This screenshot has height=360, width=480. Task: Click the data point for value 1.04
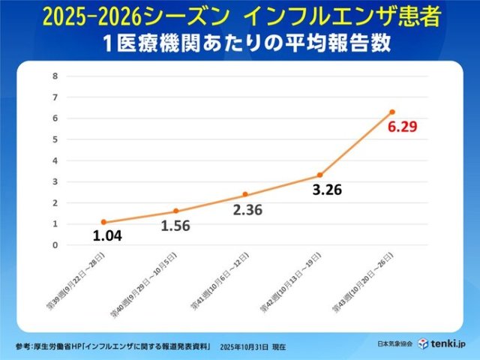(x=103, y=222)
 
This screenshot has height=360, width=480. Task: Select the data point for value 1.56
(x=175, y=211)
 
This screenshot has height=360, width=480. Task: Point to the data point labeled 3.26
(x=319, y=175)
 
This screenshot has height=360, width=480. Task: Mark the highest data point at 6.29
(x=391, y=112)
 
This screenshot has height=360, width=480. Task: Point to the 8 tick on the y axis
(x=55, y=76)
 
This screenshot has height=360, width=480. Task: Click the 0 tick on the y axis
(x=55, y=244)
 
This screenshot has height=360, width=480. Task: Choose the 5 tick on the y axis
(x=55, y=139)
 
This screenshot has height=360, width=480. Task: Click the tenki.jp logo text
(x=450, y=343)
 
